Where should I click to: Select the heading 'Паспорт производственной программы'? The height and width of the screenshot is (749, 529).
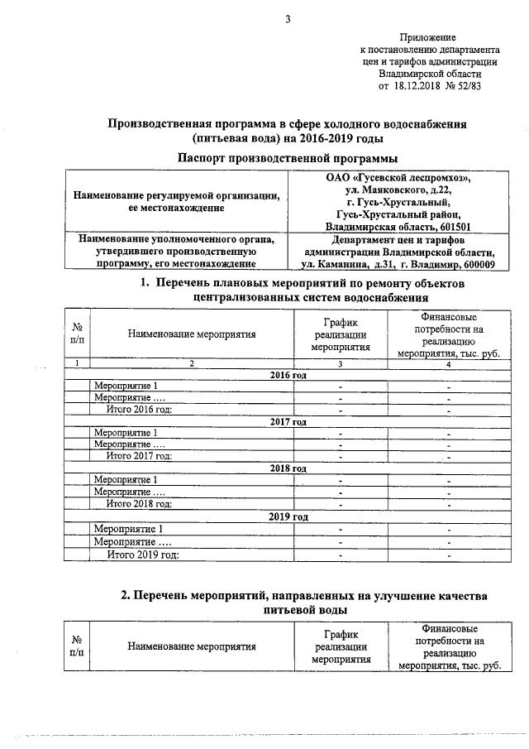(x=288, y=156)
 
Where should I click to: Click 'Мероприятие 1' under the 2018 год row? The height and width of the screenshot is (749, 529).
(x=125, y=480)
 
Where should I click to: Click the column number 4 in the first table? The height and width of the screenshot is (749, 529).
(x=449, y=363)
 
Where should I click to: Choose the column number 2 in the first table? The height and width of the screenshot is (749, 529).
(x=191, y=363)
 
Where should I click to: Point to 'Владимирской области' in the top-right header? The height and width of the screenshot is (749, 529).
(x=429, y=73)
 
